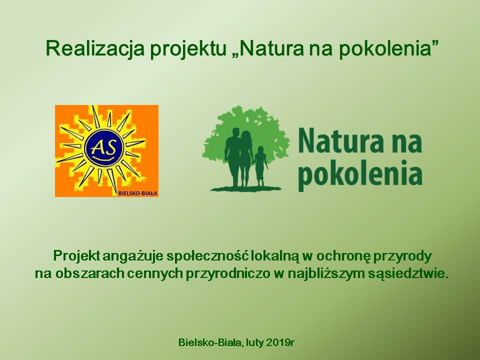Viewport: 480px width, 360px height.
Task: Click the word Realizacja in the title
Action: [x=94, y=48]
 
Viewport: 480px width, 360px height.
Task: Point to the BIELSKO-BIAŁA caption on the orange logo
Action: [x=137, y=193]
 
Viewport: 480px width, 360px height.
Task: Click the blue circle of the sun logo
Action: [x=104, y=148]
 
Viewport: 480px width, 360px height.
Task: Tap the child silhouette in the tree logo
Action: [x=260, y=166]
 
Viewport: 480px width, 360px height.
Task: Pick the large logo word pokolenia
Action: [x=360, y=173]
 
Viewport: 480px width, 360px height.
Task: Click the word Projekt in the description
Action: [x=76, y=256]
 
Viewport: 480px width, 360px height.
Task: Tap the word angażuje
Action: [x=133, y=256]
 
